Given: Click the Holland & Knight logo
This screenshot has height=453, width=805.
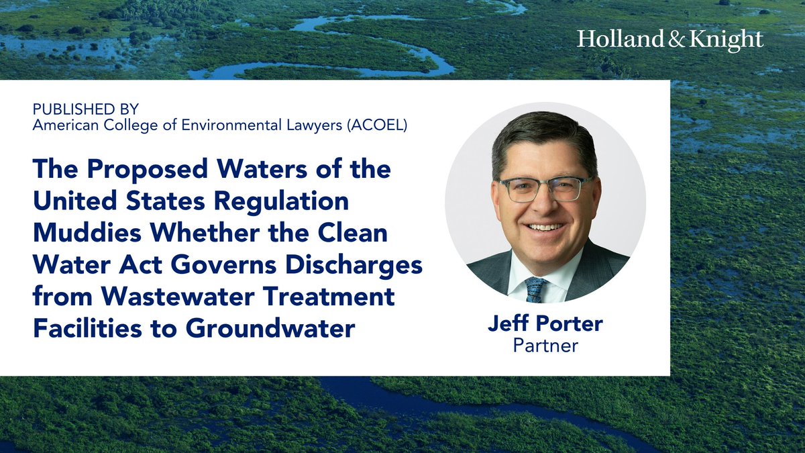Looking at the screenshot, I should click(x=669, y=40).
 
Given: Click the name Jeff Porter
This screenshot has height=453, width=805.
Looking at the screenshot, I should click(x=545, y=325).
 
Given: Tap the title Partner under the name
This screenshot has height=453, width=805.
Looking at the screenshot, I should click(x=545, y=346).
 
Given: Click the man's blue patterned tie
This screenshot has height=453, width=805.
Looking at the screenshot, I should click(x=536, y=289).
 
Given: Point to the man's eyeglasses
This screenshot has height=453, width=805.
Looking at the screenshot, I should click(x=545, y=189).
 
